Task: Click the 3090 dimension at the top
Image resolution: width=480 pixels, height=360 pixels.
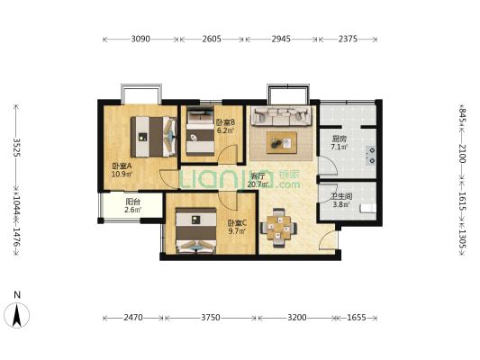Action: pos(140,40)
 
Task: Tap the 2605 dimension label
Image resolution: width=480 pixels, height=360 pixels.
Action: pos(212,40)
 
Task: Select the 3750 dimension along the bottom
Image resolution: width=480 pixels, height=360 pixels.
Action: pos(211,318)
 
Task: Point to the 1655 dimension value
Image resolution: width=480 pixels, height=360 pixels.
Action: pos(357,318)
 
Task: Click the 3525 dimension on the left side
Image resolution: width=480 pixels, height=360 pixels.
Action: pos(16,148)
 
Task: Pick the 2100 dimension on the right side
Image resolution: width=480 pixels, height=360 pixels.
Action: pos(462,154)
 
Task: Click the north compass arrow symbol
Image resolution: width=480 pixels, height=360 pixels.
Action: pos(17,315)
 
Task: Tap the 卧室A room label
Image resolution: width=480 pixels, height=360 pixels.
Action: pos(122,166)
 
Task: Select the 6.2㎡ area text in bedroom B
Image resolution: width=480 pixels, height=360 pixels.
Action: pos(225,130)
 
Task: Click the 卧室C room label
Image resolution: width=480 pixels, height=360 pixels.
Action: pos(237,223)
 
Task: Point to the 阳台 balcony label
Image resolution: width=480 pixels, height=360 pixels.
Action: pos(133,202)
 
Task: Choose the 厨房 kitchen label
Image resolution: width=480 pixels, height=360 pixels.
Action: pos(340,139)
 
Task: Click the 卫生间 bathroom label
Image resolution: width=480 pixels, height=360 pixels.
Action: pos(341,196)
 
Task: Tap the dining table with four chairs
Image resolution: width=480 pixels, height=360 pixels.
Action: pos(278,228)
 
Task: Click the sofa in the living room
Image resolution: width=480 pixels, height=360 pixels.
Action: pos(281,116)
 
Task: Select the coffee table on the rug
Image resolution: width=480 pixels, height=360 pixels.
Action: pos(282,142)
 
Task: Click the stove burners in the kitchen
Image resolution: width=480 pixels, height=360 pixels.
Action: pos(371,156)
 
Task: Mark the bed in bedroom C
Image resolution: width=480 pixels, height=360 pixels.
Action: pos(196,230)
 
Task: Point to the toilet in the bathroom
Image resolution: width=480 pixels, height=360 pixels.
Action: pos(368,208)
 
